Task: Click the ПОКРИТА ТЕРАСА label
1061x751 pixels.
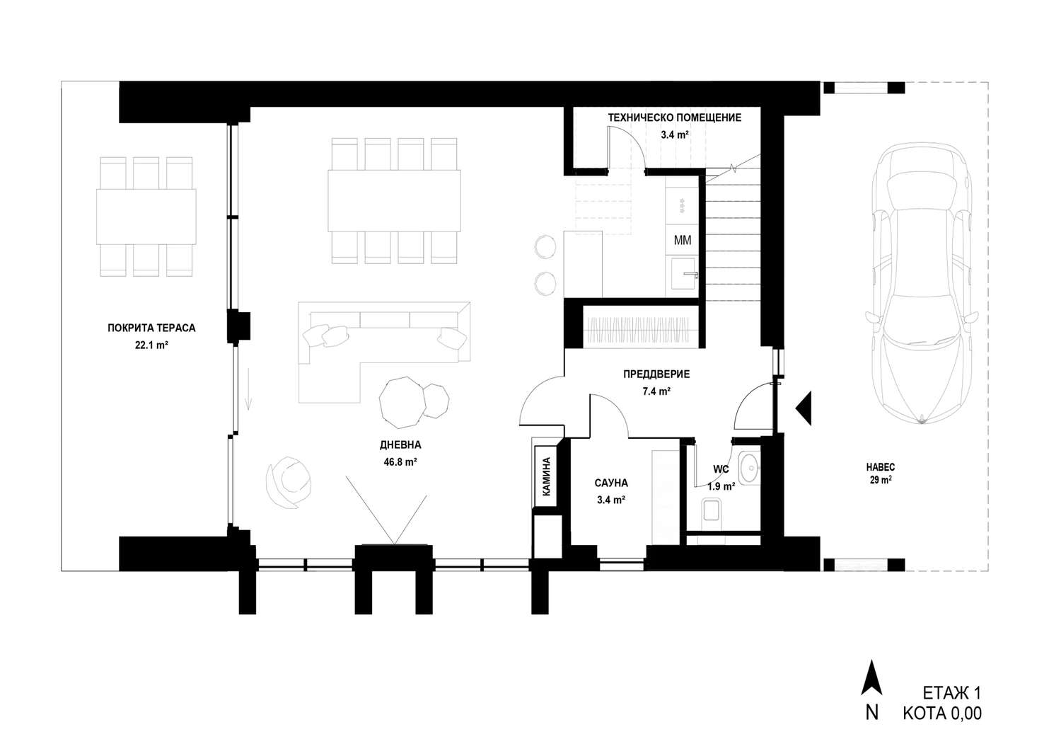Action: point(151,328)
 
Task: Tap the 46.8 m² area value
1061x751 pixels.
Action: point(400,462)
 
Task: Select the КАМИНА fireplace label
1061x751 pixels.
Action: point(546,476)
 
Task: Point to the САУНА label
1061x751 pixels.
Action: point(611,483)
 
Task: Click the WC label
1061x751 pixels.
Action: point(721,469)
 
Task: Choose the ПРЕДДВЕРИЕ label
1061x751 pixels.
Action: point(656,374)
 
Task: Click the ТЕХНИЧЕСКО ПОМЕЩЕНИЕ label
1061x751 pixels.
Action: point(675,117)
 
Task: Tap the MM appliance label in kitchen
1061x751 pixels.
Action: point(683,241)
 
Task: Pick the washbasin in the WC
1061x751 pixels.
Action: point(750,469)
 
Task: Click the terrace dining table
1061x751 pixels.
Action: point(146,217)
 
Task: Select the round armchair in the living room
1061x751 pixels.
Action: point(289,482)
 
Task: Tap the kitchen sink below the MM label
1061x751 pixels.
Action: point(683,273)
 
